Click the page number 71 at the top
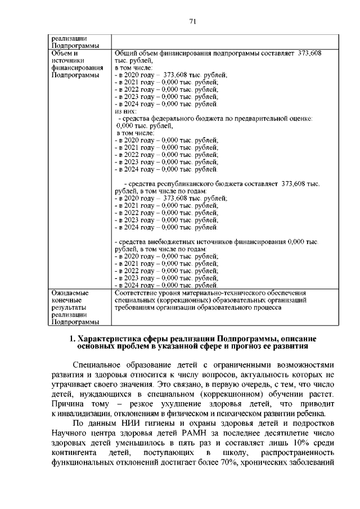192,21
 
